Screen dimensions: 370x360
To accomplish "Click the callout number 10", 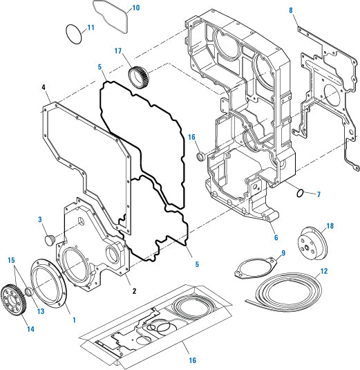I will pyautogui.click(x=135, y=8).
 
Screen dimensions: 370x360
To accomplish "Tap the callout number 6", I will pyautogui.click(x=274, y=237).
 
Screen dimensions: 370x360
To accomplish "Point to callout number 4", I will pyautogui.click(x=44, y=88).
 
